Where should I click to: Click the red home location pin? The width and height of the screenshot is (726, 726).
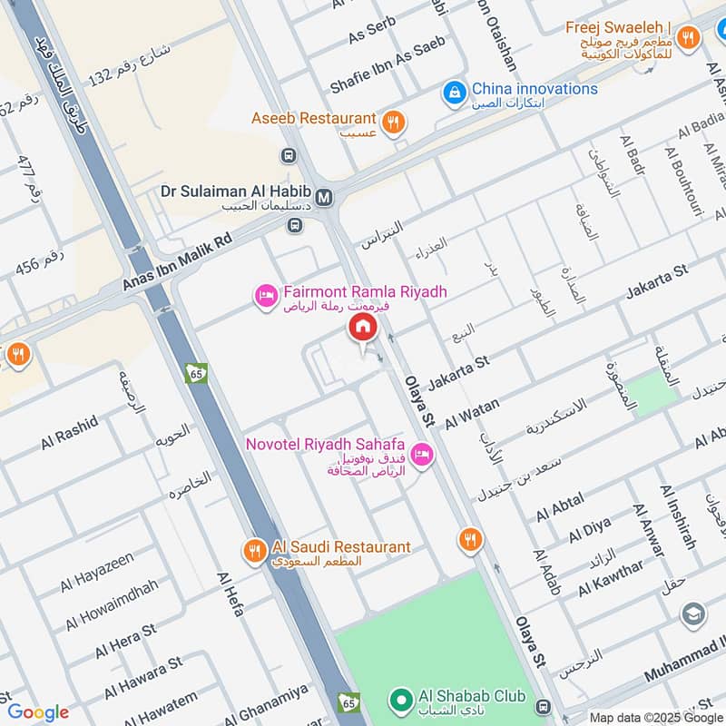[362, 328]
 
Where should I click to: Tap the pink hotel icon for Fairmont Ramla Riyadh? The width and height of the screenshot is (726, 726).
[266, 296]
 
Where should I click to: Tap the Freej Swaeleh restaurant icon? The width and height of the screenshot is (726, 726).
[688, 38]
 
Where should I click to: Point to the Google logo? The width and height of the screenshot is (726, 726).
[38, 712]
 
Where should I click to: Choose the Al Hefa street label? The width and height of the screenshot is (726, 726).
[231, 594]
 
